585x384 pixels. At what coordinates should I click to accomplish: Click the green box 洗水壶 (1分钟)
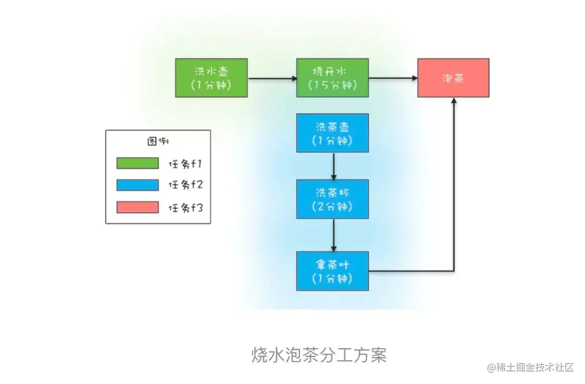tap(211, 78)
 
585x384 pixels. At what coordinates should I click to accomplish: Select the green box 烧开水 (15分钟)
tap(333, 78)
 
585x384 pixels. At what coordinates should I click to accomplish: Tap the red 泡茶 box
tap(453, 78)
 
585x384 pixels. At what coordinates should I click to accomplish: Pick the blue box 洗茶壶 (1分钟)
tap(333, 133)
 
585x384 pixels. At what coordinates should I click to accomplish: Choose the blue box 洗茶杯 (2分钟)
tap(333, 199)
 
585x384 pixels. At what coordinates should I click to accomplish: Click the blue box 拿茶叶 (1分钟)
tap(333, 271)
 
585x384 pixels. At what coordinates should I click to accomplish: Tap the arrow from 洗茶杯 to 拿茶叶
tap(333, 235)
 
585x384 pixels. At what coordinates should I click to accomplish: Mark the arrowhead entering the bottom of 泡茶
tap(453, 103)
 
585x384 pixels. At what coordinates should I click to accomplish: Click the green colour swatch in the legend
tap(138, 163)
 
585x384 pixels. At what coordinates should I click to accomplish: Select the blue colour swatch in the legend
tap(138, 185)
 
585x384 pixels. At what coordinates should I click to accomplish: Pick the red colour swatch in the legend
tap(138, 207)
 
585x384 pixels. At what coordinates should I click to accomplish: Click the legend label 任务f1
tap(185, 163)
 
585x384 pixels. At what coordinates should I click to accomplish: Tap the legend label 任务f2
tap(185, 185)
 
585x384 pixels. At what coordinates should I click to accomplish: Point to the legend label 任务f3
tap(185, 207)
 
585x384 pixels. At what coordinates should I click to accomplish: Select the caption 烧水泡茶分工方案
tap(319, 355)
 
